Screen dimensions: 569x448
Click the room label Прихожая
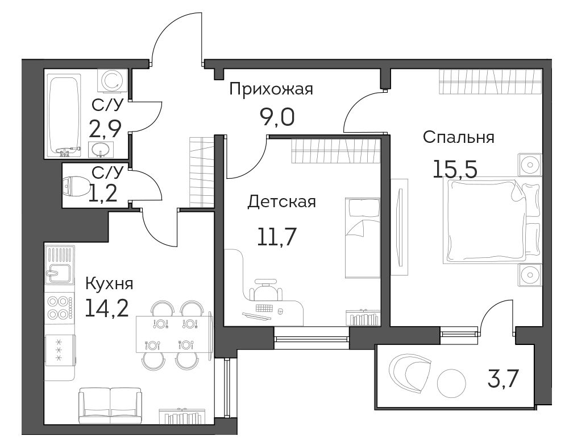[x=271, y=89]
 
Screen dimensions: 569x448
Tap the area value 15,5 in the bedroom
[x=455, y=169]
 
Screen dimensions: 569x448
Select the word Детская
[x=281, y=202]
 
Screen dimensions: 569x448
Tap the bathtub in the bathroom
[x=64, y=116]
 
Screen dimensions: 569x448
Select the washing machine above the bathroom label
[x=113, y=81]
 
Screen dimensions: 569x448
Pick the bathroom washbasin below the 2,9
[x=101, y=149]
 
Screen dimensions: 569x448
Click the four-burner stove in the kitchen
[x=59, y=307]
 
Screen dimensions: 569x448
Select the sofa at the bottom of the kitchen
[x=110, y=405]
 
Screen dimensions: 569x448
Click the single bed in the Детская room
[x=362, y=238]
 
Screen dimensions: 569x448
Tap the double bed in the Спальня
[x=491, y=220]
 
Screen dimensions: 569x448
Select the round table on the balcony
[x=451, y=383]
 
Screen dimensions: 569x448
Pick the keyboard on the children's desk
[x=264, y=309]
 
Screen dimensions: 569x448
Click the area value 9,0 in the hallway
[x=277, y=117]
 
